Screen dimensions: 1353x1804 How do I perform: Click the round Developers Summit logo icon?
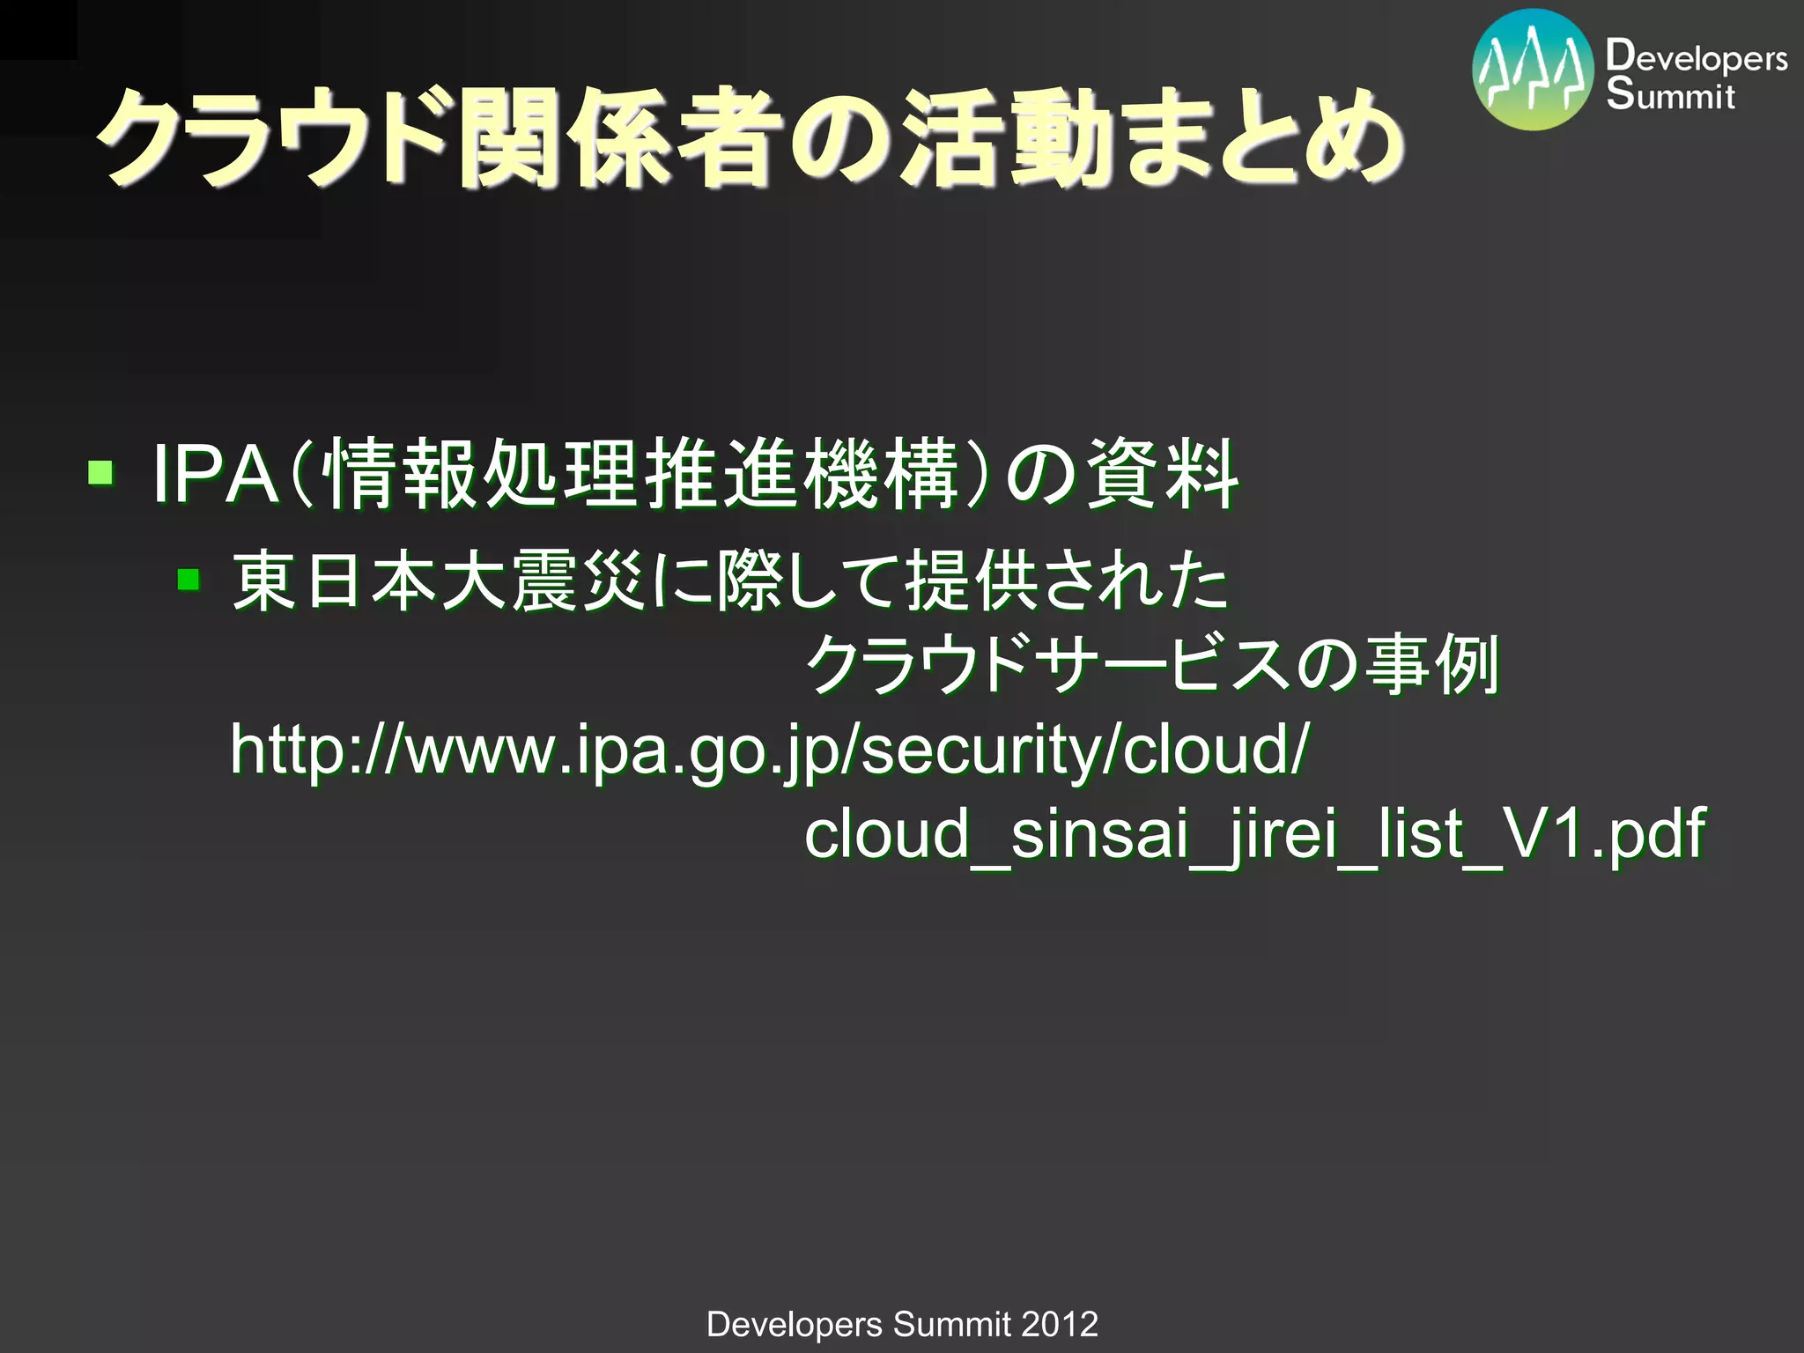(x=1533, y=70)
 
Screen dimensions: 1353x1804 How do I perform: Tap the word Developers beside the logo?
(x=1696, y=57)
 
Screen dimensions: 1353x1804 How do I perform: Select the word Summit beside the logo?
(x=1670, y=95)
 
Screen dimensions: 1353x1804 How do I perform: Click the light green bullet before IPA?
(x=100, y=473)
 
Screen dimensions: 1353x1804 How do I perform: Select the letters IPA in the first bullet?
(x=216, y=476)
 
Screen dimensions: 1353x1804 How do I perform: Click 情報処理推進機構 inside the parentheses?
(x=640, y=476)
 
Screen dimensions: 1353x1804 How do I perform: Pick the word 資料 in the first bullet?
(x=1163, y=476)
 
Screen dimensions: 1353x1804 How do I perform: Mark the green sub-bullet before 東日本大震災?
(x=189, y=580)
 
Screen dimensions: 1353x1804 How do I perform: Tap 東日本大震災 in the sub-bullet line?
(x=440, y=581)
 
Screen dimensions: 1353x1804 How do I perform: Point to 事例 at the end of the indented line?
(x=1431, y=665)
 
